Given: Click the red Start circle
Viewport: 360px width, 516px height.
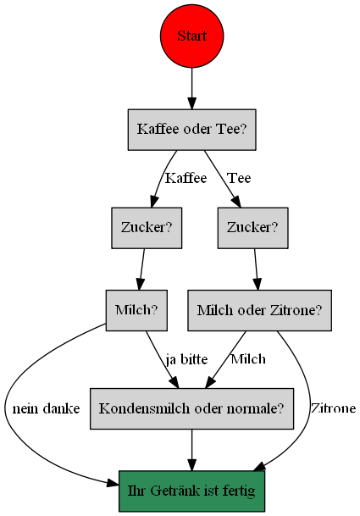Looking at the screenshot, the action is tap(191, 36).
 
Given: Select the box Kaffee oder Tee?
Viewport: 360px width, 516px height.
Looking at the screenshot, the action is tap(191, 130).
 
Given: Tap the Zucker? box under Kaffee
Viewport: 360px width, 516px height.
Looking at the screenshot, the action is tap(147, 228).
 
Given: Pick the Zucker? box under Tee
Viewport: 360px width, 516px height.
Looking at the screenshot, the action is tap(252, 228).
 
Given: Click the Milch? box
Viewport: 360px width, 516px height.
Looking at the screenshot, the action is tap(136, 310).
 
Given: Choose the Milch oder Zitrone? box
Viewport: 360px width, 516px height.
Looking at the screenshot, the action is tap(260, 310).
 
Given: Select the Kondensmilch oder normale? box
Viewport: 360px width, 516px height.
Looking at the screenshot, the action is tap(191, 408).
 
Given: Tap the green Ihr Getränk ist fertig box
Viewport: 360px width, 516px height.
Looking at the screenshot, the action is tap(191, 491).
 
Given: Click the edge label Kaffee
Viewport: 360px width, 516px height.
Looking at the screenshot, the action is tap(186, 178).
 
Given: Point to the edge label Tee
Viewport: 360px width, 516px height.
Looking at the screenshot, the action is tap(239, 178).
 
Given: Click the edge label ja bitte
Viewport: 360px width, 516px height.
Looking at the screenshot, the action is tap(186, 359).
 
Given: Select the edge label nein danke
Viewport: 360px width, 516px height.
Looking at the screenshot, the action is tap(46, 408).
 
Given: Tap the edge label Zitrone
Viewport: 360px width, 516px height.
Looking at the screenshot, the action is tap(333, 408).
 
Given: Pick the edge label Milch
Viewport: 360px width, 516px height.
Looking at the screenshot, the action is tap(248, 359).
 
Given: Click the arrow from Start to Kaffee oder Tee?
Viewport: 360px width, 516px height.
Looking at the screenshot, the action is tap(191, 88).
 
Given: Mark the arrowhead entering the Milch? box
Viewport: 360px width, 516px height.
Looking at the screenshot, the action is tap(140, 285).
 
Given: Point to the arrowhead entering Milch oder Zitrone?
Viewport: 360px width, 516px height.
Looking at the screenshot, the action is tap(258, 285).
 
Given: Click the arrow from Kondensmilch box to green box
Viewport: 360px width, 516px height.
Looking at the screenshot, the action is tap(191, 450).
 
